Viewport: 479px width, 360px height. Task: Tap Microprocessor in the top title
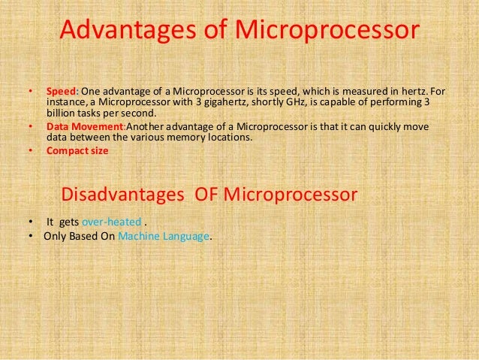tap(327, 31)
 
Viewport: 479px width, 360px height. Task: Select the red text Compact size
tap(77, 151)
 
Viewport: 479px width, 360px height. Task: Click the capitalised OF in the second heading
tap(208, 195)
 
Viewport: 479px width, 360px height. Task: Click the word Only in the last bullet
tap(56, 235)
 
